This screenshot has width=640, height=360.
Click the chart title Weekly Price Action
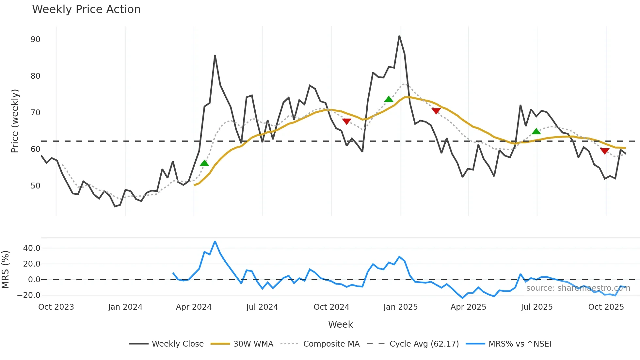(x=86, y=9)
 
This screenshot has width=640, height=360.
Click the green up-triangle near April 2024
(x=204, y=163)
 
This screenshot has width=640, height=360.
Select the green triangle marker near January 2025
(x=389, y=99)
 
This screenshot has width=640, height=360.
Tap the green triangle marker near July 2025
(x=536, y=132)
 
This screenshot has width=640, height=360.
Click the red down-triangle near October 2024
(x=346, y=121)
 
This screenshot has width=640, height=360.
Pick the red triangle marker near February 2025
(x=436, y=111)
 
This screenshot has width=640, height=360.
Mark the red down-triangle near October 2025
(x=604, y=151)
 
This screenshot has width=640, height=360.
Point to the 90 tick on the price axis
(x=35, y=40)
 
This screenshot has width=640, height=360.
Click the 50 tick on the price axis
(x=35, y=186)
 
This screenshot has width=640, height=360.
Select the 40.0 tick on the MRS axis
(x=32, y=248)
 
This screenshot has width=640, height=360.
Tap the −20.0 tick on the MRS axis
(x=29, y=295)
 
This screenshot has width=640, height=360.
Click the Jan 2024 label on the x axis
(x=125, y=307)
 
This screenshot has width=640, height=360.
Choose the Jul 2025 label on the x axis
(x=536, y=307)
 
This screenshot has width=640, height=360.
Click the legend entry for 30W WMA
(x=253, y=344)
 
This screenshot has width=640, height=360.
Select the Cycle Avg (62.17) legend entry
(x=424, y=344)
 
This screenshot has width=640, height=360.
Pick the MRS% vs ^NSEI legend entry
(x=520, y=344)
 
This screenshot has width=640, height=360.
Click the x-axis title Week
(x=340, y=324)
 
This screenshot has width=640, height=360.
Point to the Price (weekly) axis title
(x=15, y=121)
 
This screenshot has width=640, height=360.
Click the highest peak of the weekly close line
(x=399, y=36)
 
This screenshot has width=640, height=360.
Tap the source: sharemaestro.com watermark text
(x=578, y=288)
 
